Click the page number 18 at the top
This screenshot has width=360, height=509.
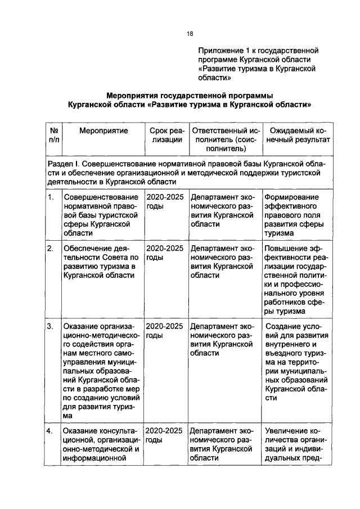[x=190, y=34]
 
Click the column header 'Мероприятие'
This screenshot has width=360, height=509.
[x=103, y=130]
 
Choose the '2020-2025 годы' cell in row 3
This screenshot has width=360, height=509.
[x=165, y=331]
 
